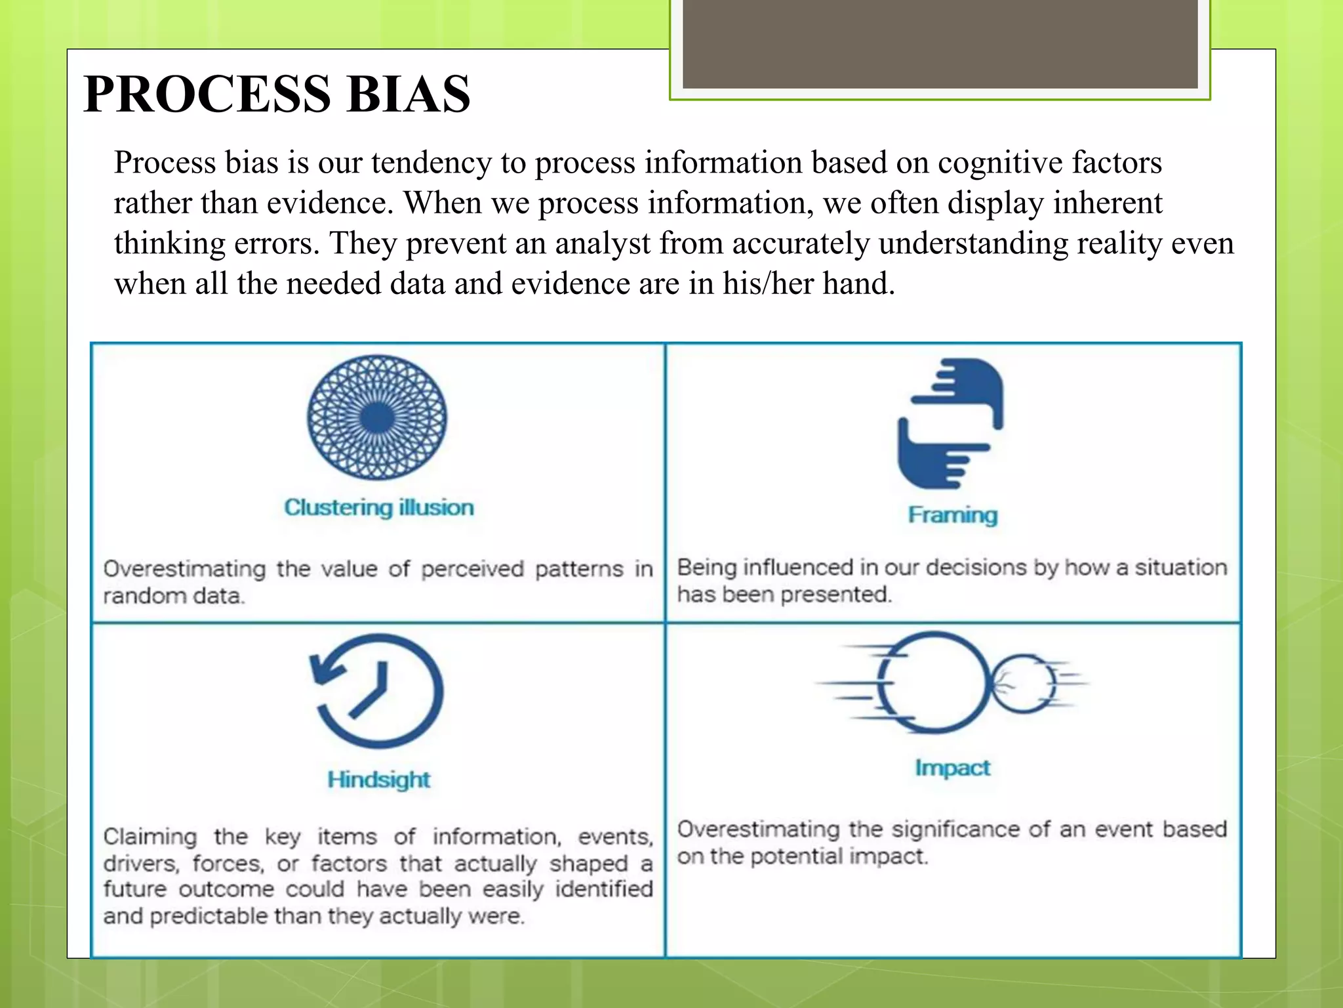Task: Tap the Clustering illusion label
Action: point(378,507)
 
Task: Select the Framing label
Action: point(953,515)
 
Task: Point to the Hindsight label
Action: point(378,780)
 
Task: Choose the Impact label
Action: point(953,767)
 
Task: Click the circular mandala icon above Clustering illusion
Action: point(377,417)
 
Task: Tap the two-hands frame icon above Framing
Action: point(950,423)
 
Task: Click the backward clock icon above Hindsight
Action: point(378,690)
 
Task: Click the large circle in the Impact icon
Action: point(934,682)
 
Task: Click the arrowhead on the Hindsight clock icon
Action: point(326,671)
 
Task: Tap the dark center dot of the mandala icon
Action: point(377,417)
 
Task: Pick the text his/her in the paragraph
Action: point(768,283)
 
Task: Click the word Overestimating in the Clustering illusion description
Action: point(184,569)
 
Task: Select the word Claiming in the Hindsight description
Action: point(150,837)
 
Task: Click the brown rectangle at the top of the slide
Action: point(940,43)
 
